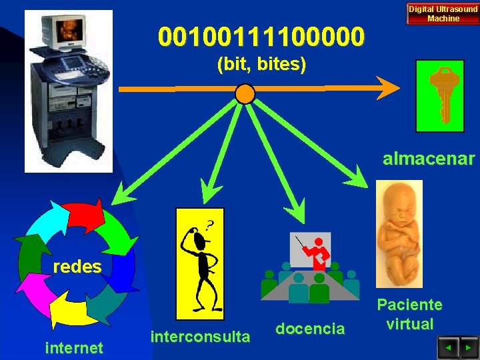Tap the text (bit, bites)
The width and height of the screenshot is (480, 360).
[x=261, y=65]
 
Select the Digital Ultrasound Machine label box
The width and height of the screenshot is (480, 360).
[x=443, y=14]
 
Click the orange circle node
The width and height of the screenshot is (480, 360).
[x=245, y=94]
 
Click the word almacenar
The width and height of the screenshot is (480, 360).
[x=429, y=159]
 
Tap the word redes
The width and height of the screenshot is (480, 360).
[x=77, y=267]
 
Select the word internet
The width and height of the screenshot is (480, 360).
[x=74, y=347]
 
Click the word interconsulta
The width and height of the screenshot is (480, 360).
[x=201, y=336]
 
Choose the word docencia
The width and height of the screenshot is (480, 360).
[x=311, y=328]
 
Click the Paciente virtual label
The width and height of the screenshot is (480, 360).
[x=410, y=315]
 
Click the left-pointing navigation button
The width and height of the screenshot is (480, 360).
[x=447, y=347]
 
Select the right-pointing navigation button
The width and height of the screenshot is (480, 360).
[x=467, y=347]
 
